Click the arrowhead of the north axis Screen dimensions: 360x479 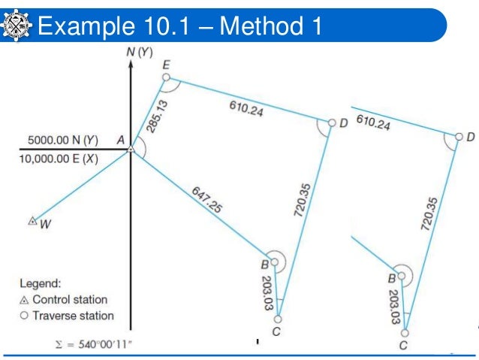(131, 64)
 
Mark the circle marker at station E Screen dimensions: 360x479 (166, 78)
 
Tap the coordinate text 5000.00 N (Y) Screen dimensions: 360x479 (63, 140)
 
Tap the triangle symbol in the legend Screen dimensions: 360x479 (24, 300)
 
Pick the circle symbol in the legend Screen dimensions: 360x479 (24, 316)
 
